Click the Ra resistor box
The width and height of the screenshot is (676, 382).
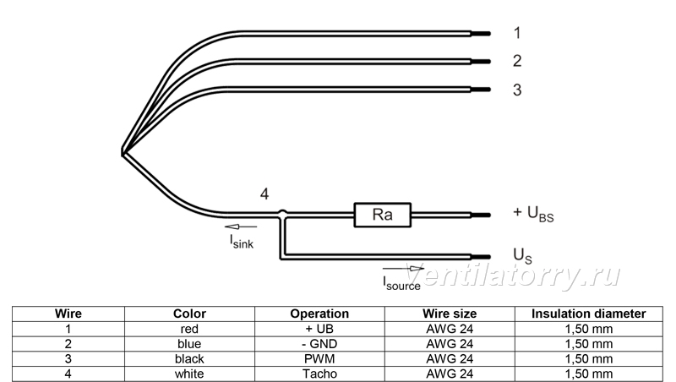tap(383, 215)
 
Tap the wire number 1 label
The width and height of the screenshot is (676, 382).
tap(517, 33)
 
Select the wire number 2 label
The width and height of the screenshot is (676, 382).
tap(517, 61)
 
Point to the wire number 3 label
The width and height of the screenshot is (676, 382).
tap(517, 90)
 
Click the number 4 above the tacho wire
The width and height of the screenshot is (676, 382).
tap(264, 194)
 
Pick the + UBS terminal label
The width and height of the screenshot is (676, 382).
tap(533, 214)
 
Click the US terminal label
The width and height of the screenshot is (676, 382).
tap(522, 256)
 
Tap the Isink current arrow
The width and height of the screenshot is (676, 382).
tap(241, 226)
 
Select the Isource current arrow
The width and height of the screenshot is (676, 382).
tap(403, 269)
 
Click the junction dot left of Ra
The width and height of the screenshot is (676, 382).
tap(282, 213)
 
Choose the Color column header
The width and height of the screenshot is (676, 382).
tap(189, 314)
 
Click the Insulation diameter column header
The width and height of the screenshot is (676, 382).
tap(588, 314)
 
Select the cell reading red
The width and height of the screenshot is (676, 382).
tap(189, 329)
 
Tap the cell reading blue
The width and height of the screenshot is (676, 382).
tap(189, 344)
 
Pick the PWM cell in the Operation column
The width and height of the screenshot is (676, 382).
tap(319, 358)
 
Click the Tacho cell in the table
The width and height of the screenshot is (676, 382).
tap(319, 374)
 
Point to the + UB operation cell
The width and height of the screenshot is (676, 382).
tap(319, 329)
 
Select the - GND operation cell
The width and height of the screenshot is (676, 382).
tap(319, 344)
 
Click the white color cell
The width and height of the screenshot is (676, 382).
tap(189, 374)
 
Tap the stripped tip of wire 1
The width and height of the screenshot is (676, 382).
tap(481, 34)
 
